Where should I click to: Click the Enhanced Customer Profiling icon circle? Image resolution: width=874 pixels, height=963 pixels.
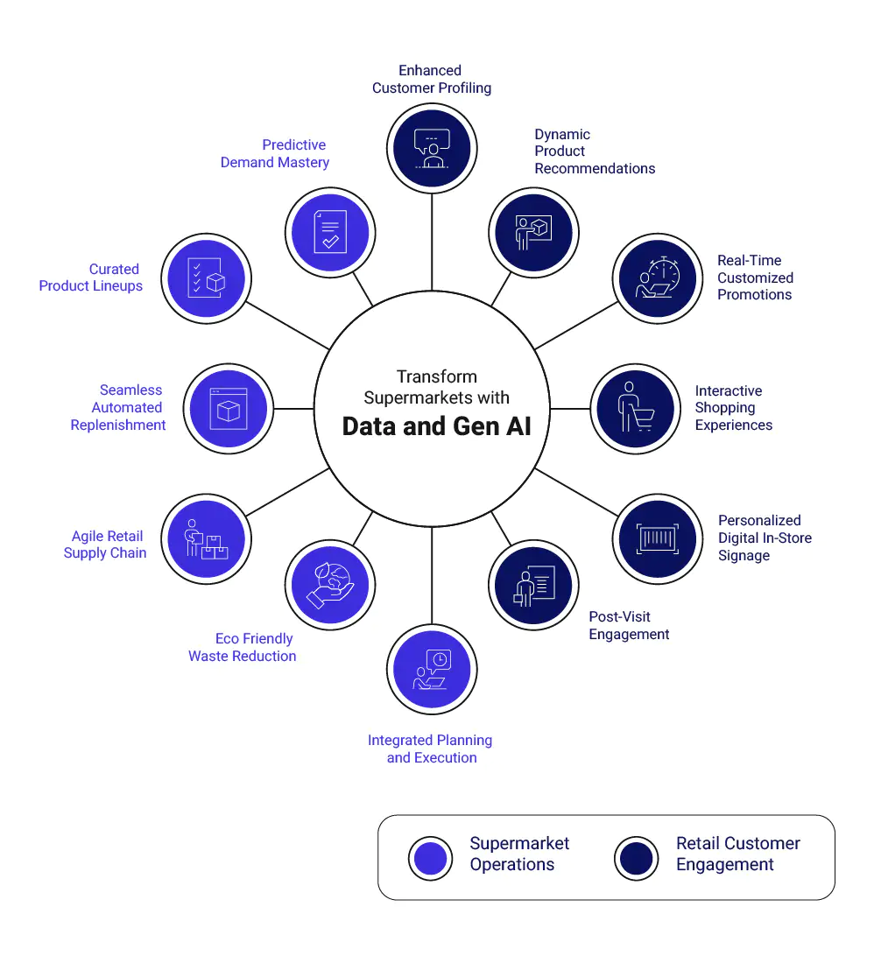tap(432, 149)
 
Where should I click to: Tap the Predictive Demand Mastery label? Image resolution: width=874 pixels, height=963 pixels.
tap(274, 153)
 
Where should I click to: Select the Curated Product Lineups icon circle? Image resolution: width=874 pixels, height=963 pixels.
tap(207, 278)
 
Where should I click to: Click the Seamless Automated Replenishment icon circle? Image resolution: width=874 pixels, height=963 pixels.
tap(229, 409)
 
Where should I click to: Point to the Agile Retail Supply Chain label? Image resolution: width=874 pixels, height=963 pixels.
tap(105, 545)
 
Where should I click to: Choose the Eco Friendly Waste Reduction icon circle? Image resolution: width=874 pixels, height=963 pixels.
tap(330, 585)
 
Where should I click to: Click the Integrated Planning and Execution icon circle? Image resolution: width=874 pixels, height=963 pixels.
tap(432, 670)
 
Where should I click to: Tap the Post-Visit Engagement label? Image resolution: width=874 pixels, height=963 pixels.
tap(629, 625)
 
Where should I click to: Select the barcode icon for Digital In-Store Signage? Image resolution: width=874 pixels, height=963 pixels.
tap(658, 539)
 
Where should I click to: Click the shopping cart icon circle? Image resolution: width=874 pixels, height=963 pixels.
tap(636, 409)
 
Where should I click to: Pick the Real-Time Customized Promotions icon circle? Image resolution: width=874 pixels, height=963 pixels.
tap(658, 278)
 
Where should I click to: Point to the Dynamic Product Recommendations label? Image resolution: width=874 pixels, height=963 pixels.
tap(595, 151)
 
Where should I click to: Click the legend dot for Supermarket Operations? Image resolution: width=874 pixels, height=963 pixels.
tap(431, 858)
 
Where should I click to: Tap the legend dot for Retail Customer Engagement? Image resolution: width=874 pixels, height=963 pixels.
tap(637, 858)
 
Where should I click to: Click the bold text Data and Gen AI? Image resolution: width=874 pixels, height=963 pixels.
tap(436, 426)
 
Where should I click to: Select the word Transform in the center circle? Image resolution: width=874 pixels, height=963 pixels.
tap(437, 376)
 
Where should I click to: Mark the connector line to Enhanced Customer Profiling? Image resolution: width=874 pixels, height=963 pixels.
tap(432, 242)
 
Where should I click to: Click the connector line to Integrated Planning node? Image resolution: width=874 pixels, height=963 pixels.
tap(432, 575)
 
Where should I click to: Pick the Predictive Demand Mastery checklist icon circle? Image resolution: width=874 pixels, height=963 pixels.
tap(330, 233)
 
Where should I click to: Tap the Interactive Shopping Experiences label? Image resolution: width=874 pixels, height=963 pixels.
tap(733, 408)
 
